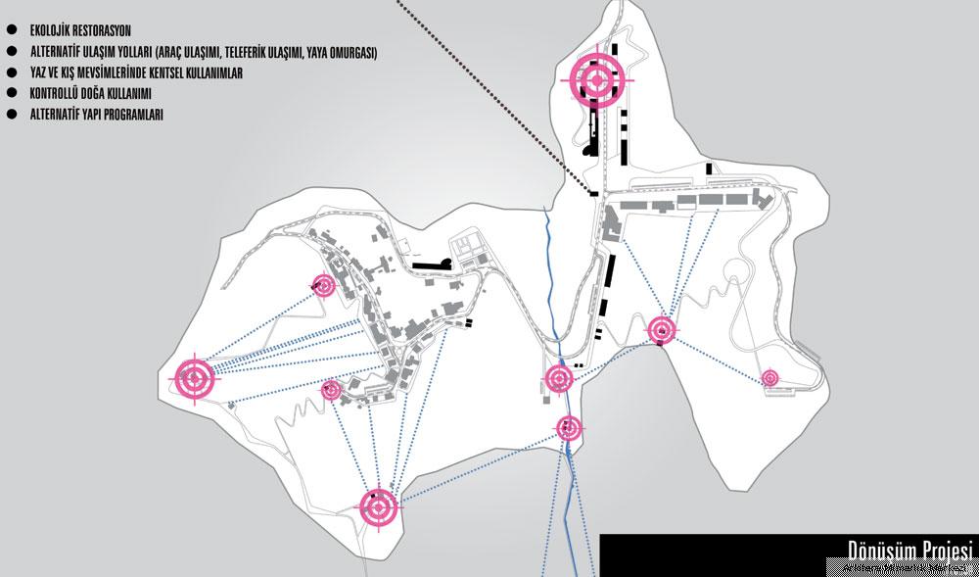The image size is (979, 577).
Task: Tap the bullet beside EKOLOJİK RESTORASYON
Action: pyautogui.click(x=11, y=28)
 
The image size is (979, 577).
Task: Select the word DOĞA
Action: pyautogui.click(x=98, y=94)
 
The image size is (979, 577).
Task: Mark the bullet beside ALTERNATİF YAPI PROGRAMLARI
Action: pyautogui.click(x=11, y=114)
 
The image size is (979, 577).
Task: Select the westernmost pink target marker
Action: pyautogui.click(x=194, y=378)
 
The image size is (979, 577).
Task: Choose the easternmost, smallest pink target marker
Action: pyautogui.click(x=769, y=378)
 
